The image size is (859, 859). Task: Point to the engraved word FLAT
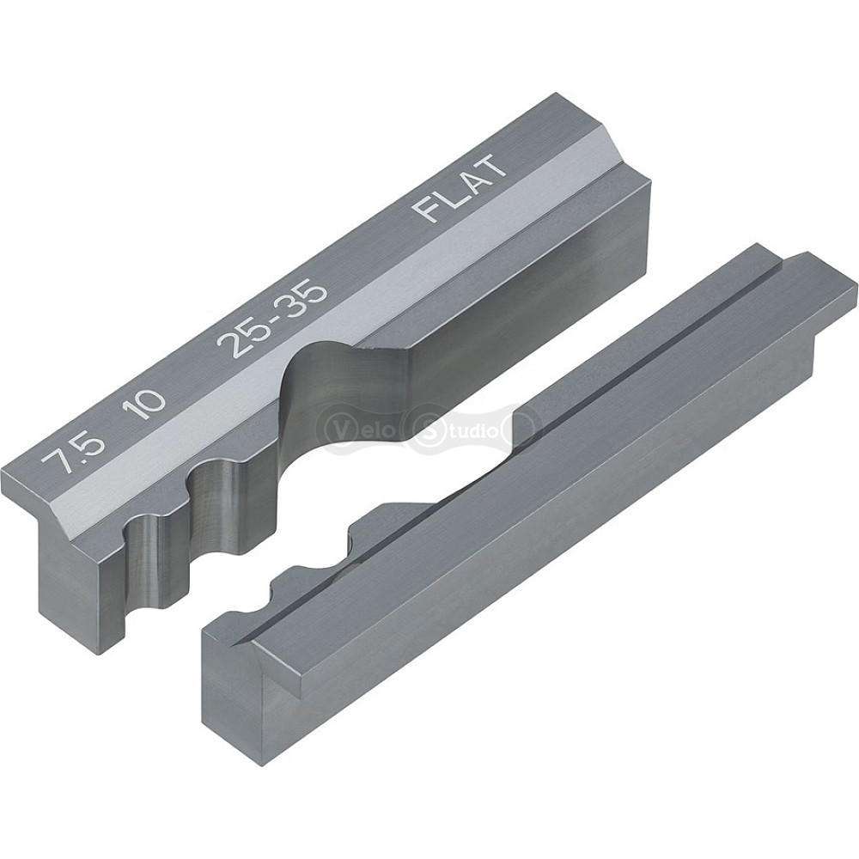point(459,188)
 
